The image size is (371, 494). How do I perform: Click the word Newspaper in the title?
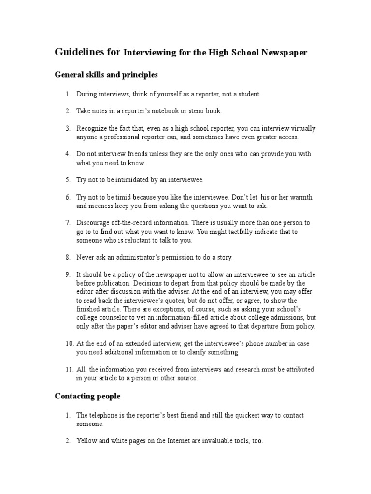(x=283, y=53)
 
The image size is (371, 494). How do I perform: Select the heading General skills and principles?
(x=106, y=75)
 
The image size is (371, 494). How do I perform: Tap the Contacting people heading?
(x=87, y=396)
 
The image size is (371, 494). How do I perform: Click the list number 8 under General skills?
(x=68, y=257)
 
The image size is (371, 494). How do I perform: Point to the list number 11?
(x=69, y=369)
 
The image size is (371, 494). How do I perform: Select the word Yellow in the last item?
(x=86, y=441)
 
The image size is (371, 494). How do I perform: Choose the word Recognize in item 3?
(x=92, y=128)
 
